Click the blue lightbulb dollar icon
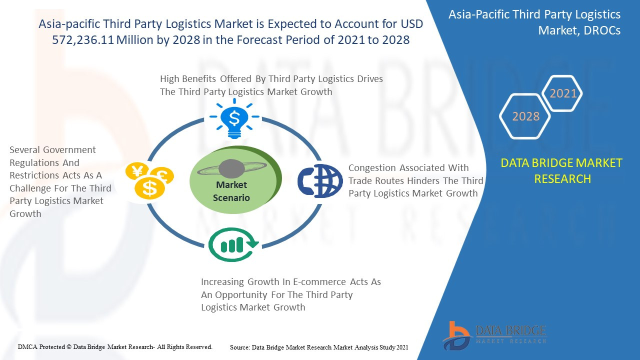tap(234, 118)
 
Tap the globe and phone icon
tap(320, 181)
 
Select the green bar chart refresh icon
tap(233, 245)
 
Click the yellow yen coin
tap(137, 171)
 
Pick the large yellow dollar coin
tap(149, 188)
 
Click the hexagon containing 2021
tap(562, 93)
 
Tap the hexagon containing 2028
tap(525, 116)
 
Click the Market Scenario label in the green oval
tap(231, 191)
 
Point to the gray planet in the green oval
tap(231, 168)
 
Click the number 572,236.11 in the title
tap(83, 39)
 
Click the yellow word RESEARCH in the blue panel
tap(562, 179)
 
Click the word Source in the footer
tap(240, 347)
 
